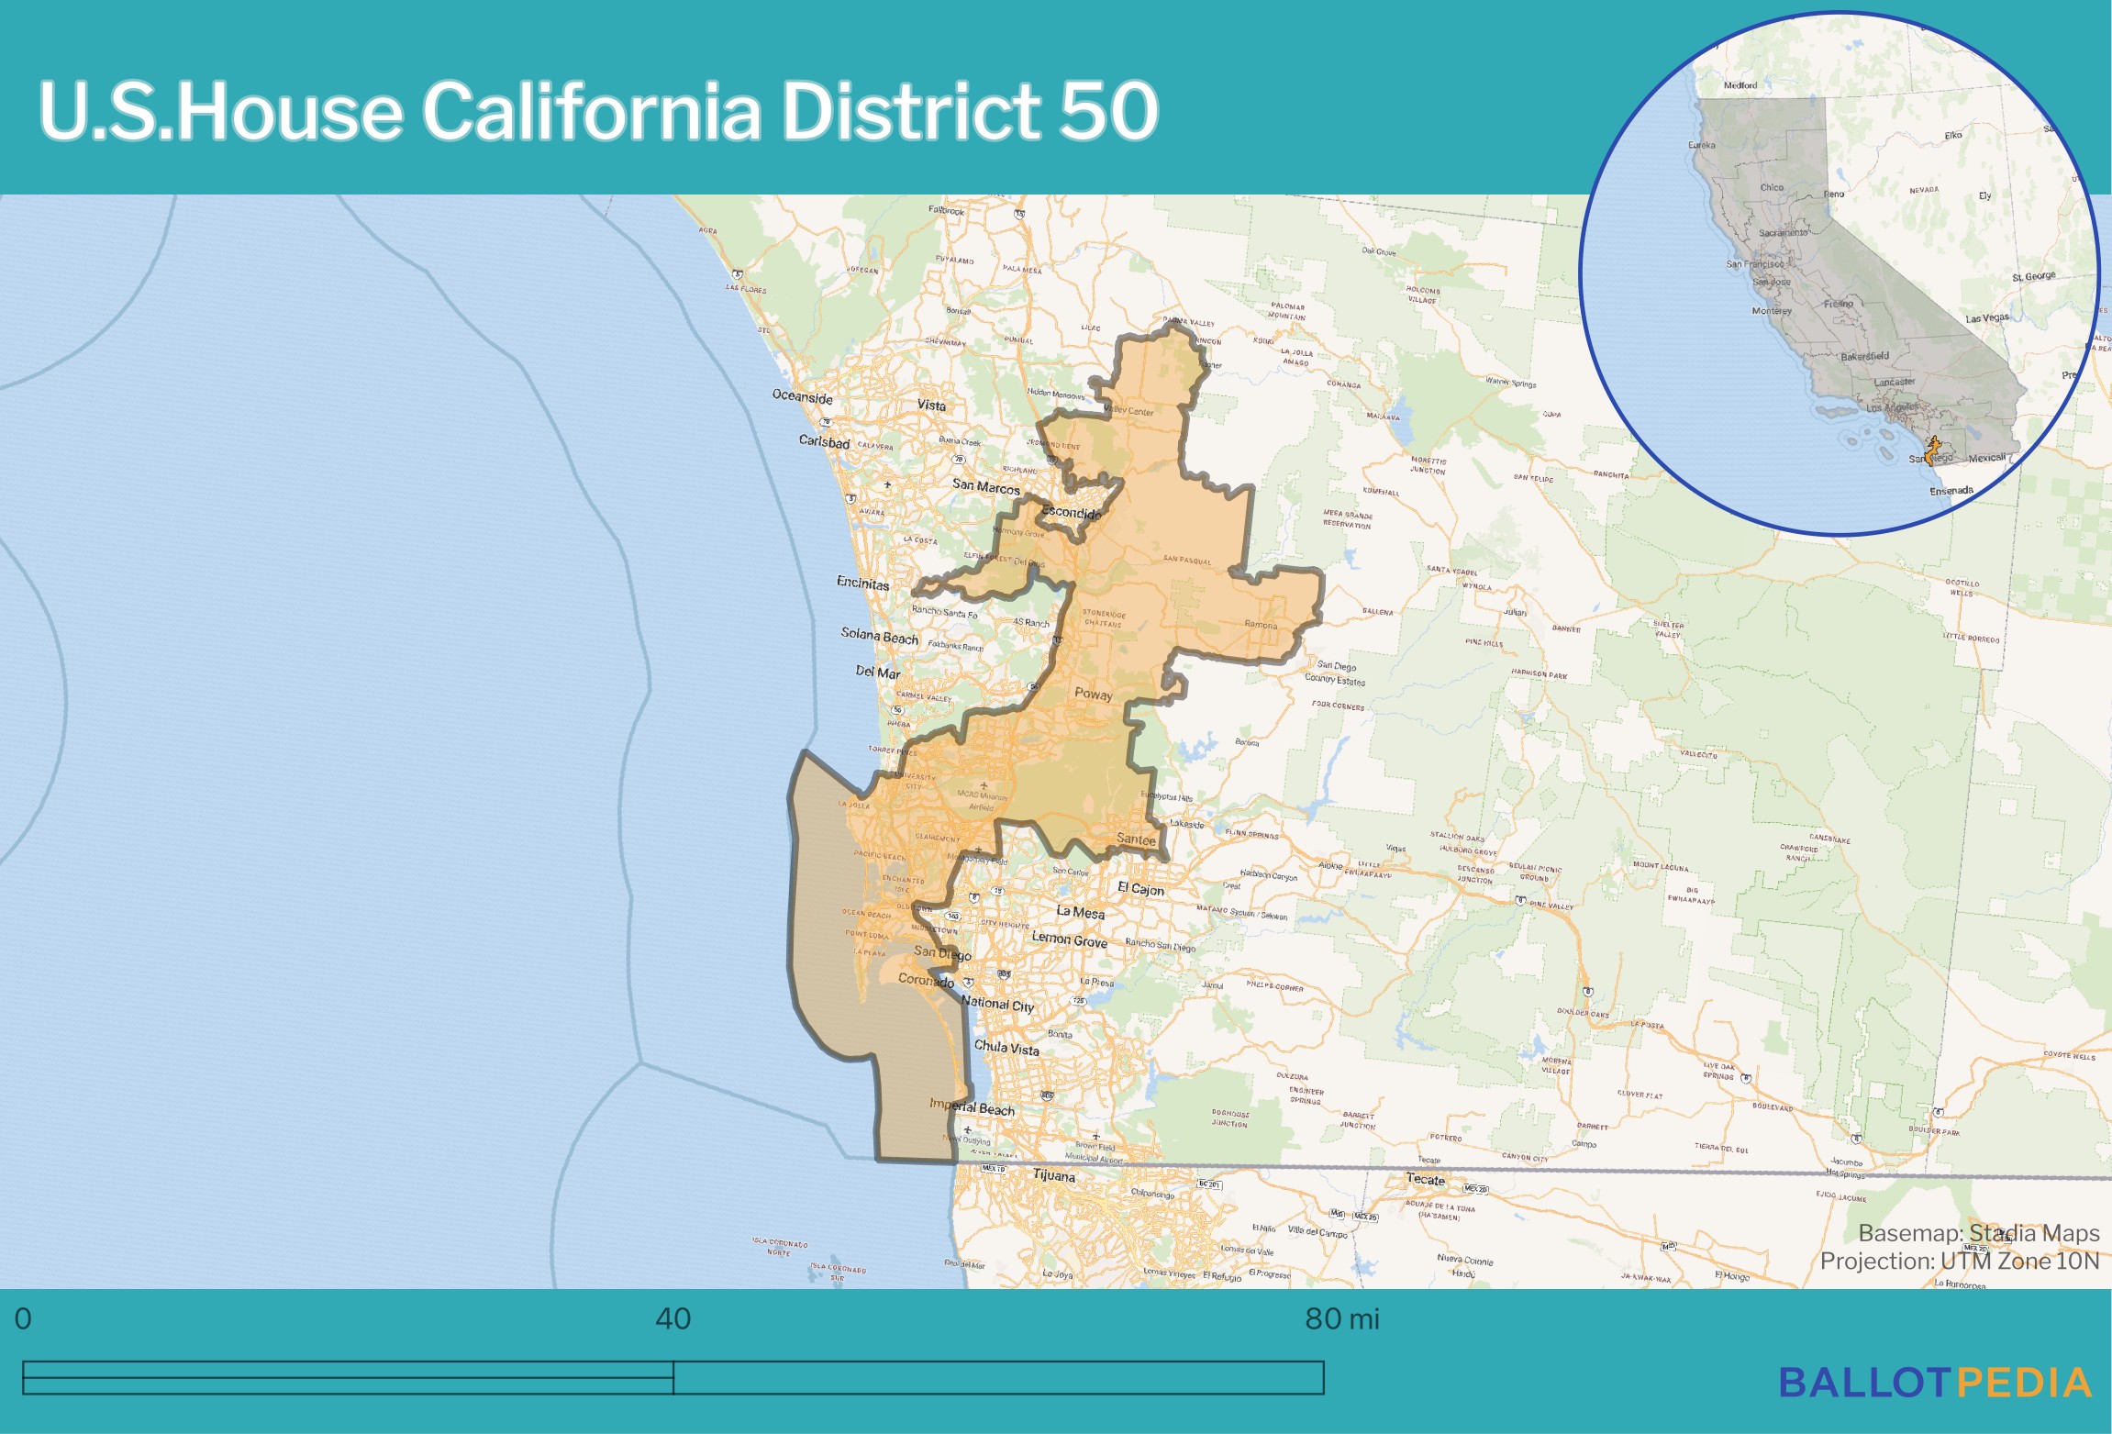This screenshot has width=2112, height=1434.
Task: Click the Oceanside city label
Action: click(x=803, y=396)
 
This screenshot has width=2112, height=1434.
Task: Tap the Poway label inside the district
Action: click(x=1093, y=695)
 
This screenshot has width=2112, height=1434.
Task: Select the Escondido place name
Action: click(x=1072, y=513)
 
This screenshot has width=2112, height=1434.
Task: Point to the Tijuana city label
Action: click(x=1053, y=1175)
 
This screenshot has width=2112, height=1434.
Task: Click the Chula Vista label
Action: click(x=1006, y=1047)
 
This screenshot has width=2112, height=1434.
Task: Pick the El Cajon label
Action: click(x=1140, y=888)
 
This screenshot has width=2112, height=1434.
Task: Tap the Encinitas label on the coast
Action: click(x=862, y=584)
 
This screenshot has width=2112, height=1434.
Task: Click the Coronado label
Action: click(x=926, y=980)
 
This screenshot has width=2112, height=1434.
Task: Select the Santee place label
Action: click(x=1136, y=839)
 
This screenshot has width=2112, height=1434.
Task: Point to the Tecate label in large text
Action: click(x=1425, y=1179)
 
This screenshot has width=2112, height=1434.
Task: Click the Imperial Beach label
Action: click(x=972, y=1106)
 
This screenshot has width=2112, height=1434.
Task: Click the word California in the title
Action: click(x=591, y=111)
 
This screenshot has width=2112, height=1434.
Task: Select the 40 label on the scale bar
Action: click(x=673, y=1318)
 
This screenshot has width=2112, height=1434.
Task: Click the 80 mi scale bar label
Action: click(x=1341, y=1318)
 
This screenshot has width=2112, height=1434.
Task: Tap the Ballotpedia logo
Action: click(x=1935, y=1383)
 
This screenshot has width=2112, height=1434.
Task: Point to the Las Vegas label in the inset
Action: click(x=1986, y=318)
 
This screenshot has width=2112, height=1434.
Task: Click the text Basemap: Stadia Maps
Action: click(x=1978, y=1233)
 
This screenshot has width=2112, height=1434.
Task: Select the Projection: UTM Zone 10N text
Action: click(x=1959, y=1261)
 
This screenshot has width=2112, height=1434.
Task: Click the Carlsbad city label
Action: click(x=824, y=441)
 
